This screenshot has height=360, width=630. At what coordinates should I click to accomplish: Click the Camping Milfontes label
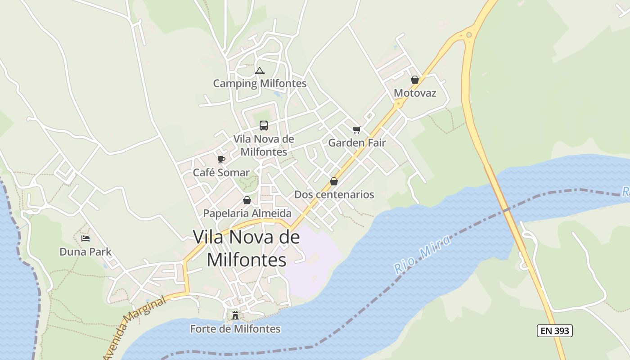pos(260,83)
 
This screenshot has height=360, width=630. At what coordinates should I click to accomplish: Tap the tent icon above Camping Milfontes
pos(259,71)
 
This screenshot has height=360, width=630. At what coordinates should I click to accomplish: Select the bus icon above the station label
pos(264,126)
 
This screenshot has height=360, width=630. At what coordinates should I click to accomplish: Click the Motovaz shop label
pos(415,93)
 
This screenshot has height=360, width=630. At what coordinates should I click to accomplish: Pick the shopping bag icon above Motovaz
pos(415,80)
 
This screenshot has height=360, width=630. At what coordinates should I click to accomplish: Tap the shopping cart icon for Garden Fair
pos(357,130)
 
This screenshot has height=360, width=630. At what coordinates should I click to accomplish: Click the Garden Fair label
pos(357,143)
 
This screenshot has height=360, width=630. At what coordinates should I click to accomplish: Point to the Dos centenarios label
pos(334,194)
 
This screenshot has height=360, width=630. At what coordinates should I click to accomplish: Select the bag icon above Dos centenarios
pos(334,181)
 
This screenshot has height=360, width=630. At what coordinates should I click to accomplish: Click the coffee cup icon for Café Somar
pos(221,159)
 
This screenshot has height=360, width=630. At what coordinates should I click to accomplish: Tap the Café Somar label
pos(221,172)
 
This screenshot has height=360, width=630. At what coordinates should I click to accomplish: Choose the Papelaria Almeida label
pos(247,213)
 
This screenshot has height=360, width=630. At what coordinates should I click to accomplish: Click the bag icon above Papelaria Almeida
pos(247,200)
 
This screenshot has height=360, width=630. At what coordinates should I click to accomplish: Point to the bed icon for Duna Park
pos(85,238)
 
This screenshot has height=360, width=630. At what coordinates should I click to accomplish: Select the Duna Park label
pos(85,252)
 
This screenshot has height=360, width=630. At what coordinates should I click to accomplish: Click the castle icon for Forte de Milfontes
pos(235,315)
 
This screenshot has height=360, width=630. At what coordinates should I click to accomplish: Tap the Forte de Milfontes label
pos(235,329)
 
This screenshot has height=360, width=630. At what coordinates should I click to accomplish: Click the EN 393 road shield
pos(554,331)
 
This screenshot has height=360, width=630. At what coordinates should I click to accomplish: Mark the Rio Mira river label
pos(422,254)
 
